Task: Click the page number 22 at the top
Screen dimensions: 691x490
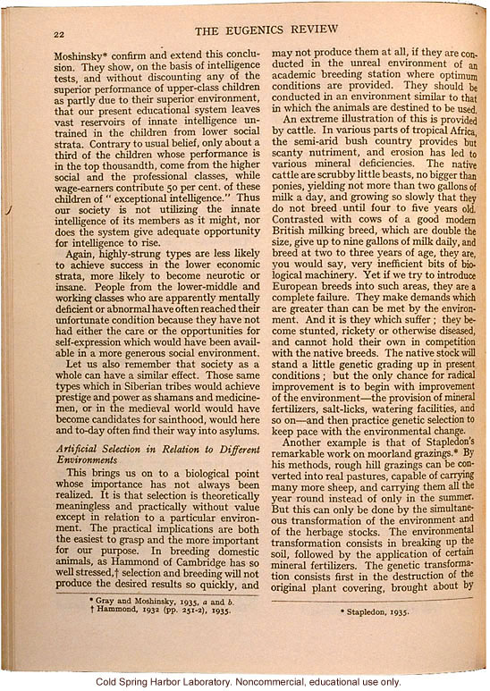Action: pos(60,35)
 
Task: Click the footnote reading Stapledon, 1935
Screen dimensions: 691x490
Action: pos(380,611)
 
